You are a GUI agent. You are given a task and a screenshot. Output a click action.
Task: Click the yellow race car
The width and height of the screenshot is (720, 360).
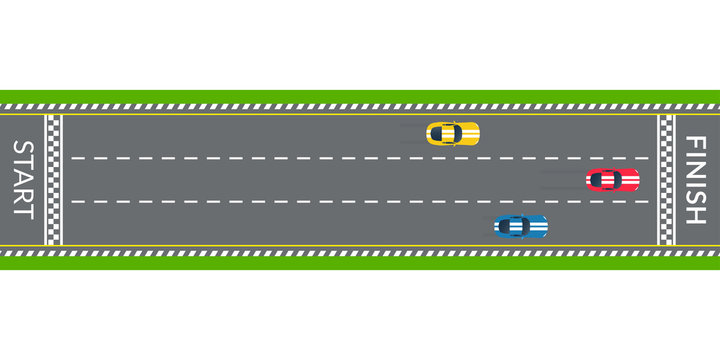coord(453,133)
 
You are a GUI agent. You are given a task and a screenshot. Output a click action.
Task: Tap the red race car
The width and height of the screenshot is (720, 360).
coord(612,180)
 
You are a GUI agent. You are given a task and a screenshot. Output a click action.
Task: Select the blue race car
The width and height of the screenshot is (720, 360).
coord(521,227)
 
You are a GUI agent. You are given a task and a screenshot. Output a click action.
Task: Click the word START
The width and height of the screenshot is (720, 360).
coord(22,179)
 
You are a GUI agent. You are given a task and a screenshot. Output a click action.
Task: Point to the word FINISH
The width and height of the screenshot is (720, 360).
coord(695,180)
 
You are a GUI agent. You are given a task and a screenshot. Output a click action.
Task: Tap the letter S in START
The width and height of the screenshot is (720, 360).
coord(22,149)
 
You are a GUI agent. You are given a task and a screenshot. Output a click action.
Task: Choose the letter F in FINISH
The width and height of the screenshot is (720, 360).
coord(695,142)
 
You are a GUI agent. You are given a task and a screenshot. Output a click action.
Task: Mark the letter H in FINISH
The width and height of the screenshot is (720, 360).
coord(695,215)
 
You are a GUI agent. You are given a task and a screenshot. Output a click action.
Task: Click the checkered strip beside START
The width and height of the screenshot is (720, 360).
coord(53,180)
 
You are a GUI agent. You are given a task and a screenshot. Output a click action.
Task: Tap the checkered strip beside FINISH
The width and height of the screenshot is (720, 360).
coord(666,180)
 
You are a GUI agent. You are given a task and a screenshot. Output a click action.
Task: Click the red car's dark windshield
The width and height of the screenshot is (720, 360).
coord(603,180)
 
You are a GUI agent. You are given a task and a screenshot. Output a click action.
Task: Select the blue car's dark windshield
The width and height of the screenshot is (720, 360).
coord(512,227)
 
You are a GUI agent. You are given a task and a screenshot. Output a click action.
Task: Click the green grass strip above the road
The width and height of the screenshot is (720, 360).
coord(360,96)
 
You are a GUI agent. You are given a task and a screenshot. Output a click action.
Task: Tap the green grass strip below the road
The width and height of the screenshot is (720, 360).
coord(360,264)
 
